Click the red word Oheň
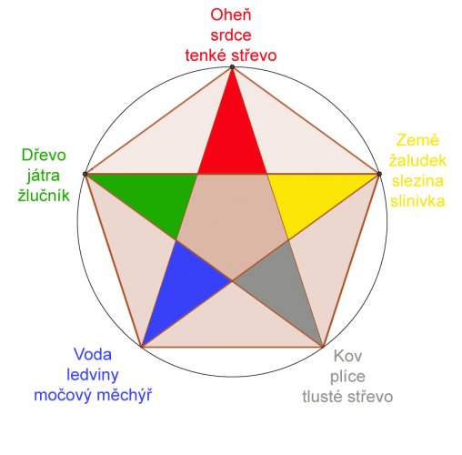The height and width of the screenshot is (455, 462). click(231, 15)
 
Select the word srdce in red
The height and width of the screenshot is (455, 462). click(231, 35)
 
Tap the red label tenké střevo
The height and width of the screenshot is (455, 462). click(231, 56)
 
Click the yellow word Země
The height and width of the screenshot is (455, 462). click(417, 140)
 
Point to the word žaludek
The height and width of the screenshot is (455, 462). click(417, 161)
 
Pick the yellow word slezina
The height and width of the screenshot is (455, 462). click(417, 181)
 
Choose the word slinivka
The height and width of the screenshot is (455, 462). click(417, 201)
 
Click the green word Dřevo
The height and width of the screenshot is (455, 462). click(44, 155)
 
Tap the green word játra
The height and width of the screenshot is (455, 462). click(44, 176)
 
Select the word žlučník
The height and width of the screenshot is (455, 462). click(44, 195)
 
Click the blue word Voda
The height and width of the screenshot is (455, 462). click(93, 354)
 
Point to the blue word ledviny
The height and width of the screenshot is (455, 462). click(93, 375)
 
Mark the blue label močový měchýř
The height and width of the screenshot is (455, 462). click(93, 395)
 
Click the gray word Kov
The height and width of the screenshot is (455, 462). click(347, 356)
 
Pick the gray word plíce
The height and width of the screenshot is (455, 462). click(347, 377)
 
